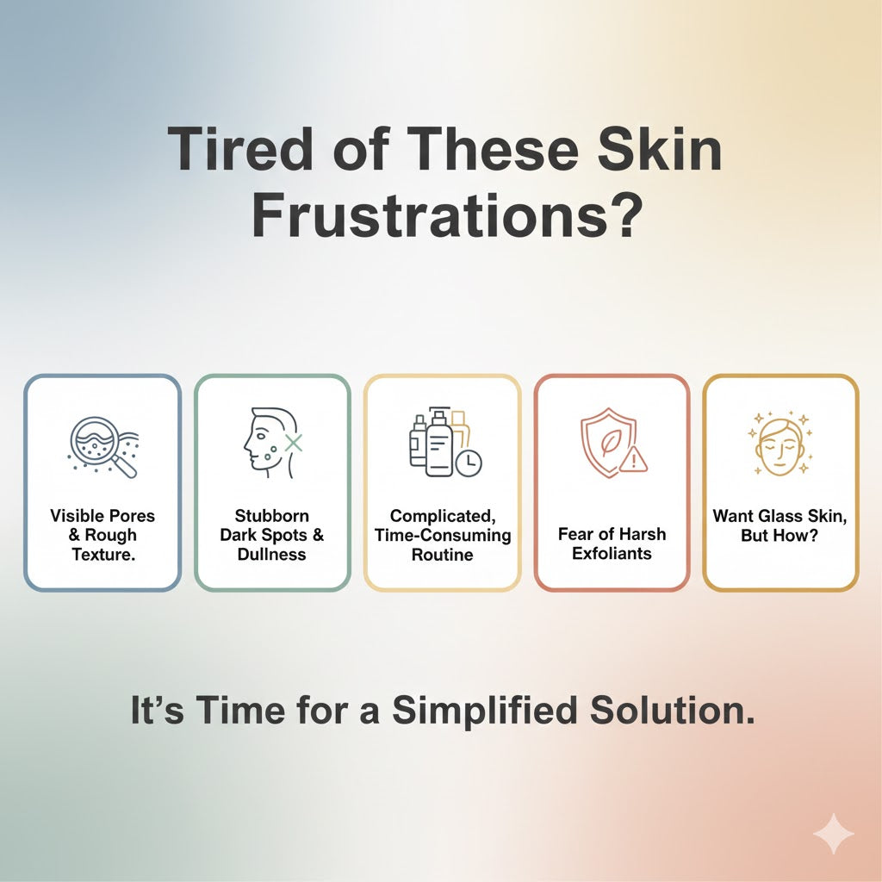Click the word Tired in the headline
(x=241, y=148)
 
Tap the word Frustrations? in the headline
(x=447, y=216)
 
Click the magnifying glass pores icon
(x=103, y=447)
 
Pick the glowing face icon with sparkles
(x=780, y=444)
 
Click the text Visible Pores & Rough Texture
(x=102, y=535)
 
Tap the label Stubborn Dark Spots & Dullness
(x=272, y=535)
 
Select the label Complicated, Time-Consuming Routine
(x=443, y=535)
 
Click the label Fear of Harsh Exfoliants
(x=612, y=543)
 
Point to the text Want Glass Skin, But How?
(x=780, y=525)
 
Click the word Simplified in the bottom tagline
(x=485, y=710)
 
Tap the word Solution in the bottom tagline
(x=672, y=710)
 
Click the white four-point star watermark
(x=834, y=834)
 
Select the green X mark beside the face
(x=293, y=443)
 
